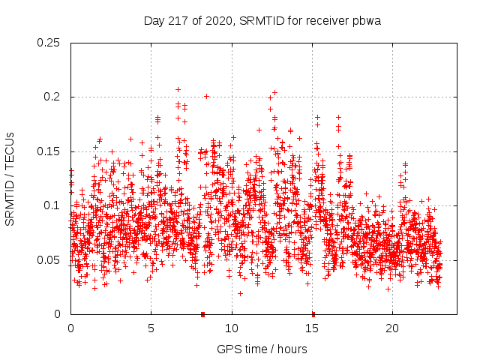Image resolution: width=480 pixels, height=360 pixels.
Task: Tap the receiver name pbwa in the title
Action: point(366,21)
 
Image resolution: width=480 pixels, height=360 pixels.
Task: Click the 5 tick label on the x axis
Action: point(151,328)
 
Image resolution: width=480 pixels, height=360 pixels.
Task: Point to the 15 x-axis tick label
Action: point(312,328)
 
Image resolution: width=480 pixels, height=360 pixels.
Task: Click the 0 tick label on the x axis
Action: point(70,328)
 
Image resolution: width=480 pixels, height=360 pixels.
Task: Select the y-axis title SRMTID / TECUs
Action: point(10,178)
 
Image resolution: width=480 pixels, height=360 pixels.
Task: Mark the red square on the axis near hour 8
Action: point(202,313)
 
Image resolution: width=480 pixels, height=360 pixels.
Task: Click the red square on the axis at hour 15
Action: point(313,313)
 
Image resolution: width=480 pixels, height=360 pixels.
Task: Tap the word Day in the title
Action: point(154,21)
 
